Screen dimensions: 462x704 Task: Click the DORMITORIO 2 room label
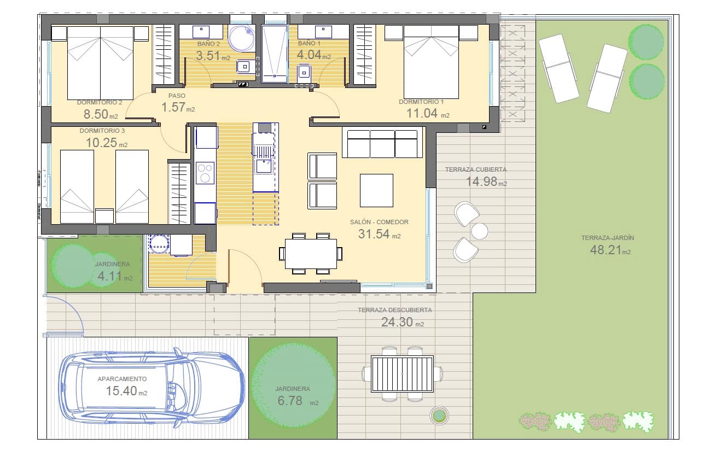pos(99,102)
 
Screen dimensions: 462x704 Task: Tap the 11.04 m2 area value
pos(428,114)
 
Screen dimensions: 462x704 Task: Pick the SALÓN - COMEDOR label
pos(379,223)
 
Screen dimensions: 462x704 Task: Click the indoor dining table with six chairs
pos(310,254)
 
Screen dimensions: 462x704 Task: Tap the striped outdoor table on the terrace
pos(402,374)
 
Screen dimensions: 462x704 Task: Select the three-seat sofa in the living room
pos(382,144)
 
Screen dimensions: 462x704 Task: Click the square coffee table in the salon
pos(376,190)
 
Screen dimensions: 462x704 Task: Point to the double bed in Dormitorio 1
pos(431,62)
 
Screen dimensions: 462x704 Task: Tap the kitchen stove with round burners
pos(205,173)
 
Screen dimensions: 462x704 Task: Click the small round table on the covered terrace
pos(479,231)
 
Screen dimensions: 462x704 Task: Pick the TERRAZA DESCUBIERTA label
pos(394,310)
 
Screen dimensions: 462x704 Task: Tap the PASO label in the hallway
pos(177,96)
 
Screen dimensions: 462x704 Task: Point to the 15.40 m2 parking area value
pos(126,391)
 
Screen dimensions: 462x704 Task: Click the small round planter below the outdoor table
pos(439,416)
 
